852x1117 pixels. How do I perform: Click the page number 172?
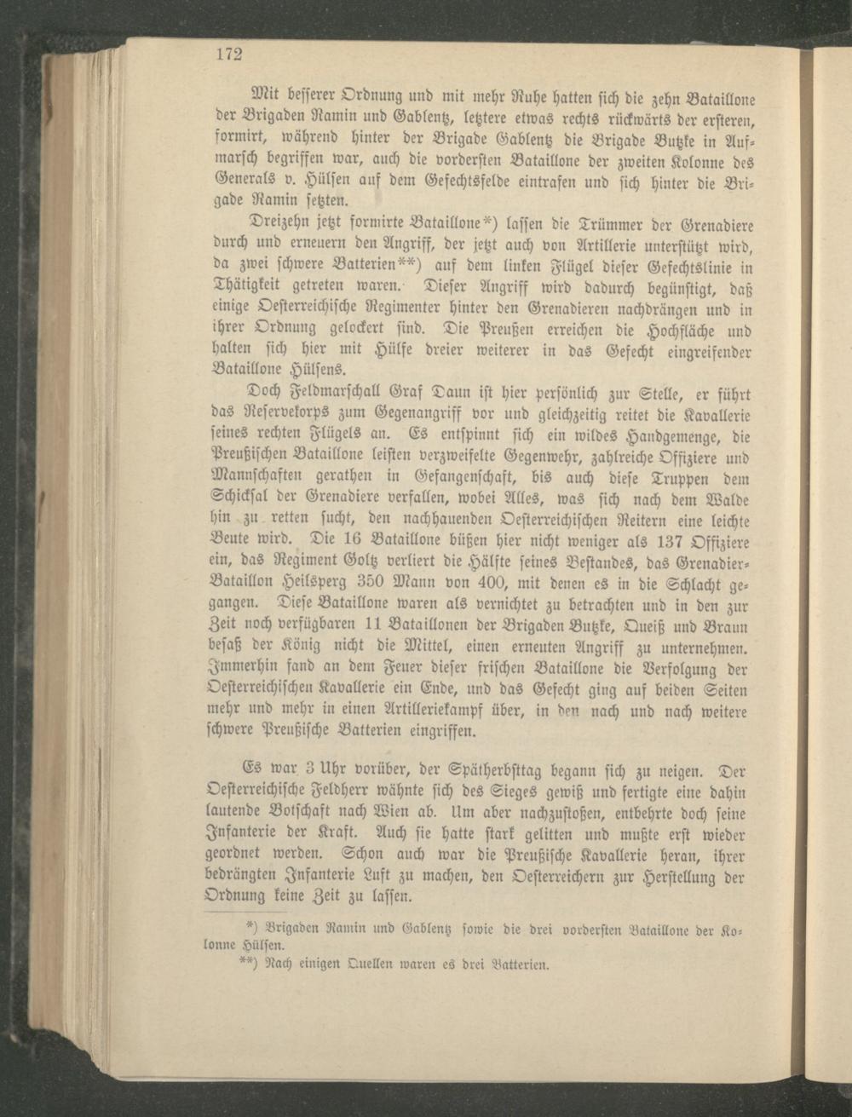228,55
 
